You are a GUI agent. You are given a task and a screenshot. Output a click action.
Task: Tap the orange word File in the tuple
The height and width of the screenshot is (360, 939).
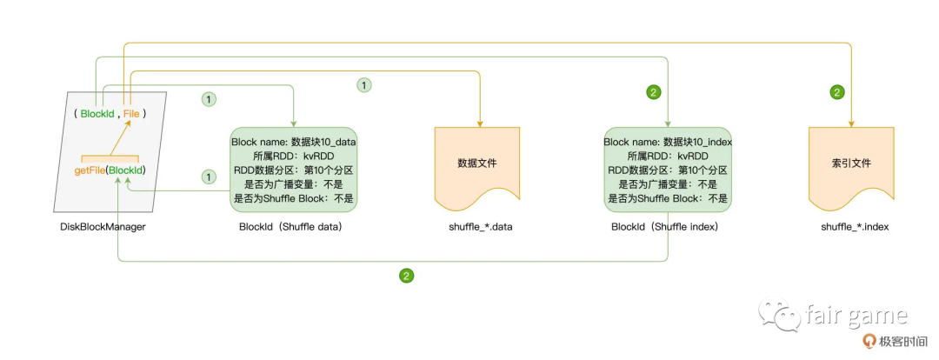(x=131, y=114)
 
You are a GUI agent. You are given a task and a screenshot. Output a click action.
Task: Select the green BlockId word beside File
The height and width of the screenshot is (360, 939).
(x=97, y=114)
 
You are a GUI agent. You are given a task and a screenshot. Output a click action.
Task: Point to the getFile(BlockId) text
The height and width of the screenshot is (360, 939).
(x=110, y=170)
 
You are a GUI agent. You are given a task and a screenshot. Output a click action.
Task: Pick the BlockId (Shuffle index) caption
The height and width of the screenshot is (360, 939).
(x=668, y=227)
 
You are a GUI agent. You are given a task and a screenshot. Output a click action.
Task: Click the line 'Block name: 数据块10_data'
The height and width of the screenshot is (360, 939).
(x=294, y=142)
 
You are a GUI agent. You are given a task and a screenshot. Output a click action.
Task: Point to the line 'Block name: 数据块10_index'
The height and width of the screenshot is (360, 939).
(x=668, y=142)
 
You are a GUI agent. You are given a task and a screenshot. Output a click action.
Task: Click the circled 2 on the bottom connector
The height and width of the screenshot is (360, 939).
(x=406, y=276)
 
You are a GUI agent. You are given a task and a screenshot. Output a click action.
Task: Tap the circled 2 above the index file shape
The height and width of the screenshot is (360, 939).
(x=837, y=91)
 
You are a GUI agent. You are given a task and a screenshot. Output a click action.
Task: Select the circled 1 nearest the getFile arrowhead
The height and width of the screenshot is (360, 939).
(x=208, y=177)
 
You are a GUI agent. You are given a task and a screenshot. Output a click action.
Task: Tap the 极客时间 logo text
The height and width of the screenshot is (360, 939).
(x=905, y=342)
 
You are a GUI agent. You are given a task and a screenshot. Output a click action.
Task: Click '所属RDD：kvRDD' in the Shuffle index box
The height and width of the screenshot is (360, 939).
(x=668, y=156)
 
